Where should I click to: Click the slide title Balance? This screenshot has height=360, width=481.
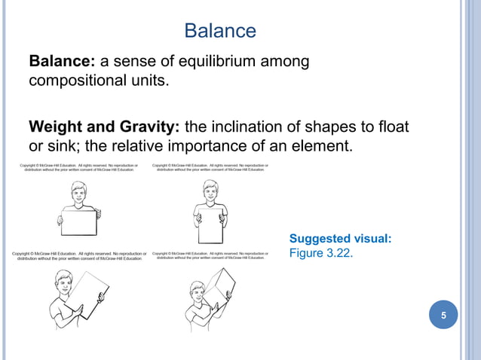(220, 31)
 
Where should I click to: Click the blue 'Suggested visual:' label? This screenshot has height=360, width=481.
(340, 239)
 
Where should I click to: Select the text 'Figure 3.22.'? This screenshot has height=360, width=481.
(320, 253)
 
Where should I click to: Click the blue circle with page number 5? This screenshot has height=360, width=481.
(444, 315)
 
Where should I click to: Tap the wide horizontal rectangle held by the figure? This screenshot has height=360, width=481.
(79, 222)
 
